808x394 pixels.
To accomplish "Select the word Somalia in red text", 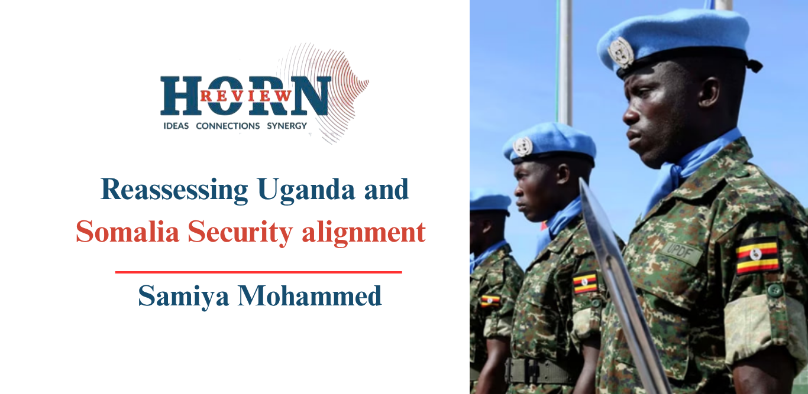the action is coord(127,232).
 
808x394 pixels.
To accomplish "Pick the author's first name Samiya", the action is coord(183,296).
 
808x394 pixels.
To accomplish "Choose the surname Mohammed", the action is coord(309,295).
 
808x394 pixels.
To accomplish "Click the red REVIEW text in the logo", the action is coord(245,96).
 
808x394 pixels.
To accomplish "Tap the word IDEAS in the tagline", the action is coord(176,126).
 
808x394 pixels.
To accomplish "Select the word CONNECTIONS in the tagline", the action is coord(228,126).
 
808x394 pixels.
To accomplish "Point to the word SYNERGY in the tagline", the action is coord(287,126).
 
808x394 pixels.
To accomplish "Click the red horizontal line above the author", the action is coord(258,272).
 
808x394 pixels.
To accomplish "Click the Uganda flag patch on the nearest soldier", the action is coord(757,255).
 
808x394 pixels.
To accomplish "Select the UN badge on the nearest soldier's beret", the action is coord(620,53).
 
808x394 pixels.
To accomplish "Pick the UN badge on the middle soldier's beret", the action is coord(523,146).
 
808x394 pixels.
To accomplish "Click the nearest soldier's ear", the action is coord(708,93).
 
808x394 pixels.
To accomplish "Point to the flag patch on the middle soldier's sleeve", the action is coord(585,283).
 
